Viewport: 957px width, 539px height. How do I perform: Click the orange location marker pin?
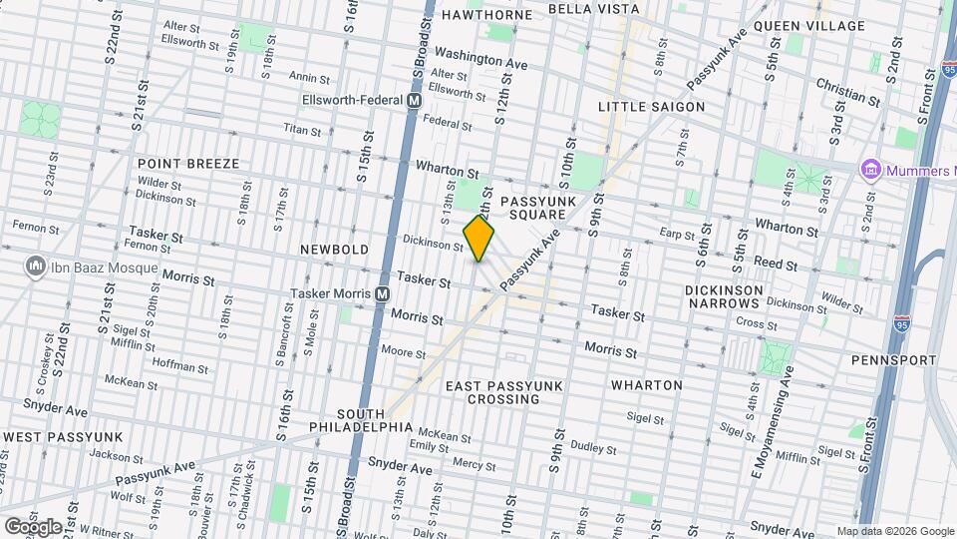click(479, 239)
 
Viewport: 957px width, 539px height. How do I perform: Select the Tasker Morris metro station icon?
click(381, 294)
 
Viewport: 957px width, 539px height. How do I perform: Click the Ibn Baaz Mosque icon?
click(38, 268)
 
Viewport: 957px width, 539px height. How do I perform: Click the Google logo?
click(33, 526)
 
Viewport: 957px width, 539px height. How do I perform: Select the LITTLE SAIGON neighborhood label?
click(651, 107)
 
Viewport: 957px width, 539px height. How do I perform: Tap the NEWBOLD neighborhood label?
click(336, 250)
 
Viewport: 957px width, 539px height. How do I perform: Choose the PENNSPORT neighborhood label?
click(894, 360)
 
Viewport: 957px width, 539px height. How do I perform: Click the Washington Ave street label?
click(480, 58)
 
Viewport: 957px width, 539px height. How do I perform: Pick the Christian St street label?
click(847, 92)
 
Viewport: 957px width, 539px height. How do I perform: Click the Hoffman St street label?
click(180, 366)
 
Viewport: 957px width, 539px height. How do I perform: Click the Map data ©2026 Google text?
click(894, 531)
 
